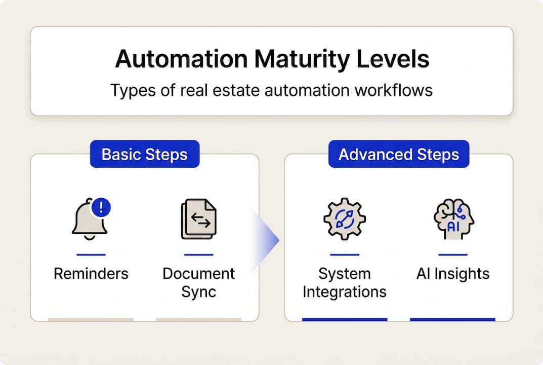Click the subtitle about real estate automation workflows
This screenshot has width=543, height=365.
pyautogui.click(x=272, y=90)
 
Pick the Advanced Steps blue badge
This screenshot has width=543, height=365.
pyautogui.click(x=399, y=154)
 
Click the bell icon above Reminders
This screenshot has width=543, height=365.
pyautogui.click(x=90, y=221)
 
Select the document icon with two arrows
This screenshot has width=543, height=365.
pyautogui.click(x=198, y=219)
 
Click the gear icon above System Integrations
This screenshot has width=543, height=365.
pyautogui.click(x=344, y=219)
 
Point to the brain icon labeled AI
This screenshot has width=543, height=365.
pyautogui.click(x=453, y=219)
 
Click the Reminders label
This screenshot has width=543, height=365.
pyautogui.click(x=91, y=274)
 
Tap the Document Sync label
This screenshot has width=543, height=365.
pyautogui.click(x=198, y=282)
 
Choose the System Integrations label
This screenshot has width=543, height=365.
pyautogui.click(x=344, y=282)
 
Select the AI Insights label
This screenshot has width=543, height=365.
pyautogui.click(x=453, y=274)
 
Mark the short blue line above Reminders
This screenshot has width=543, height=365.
pyautogui.click(x=91, y=254)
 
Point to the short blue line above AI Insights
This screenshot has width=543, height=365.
pyautogui.click(x=453, y=254)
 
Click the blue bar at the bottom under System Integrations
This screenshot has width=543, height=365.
pyautogui.click(x=345, y=319)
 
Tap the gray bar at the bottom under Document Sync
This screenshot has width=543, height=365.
pyautogui.click(x=198, y=319)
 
